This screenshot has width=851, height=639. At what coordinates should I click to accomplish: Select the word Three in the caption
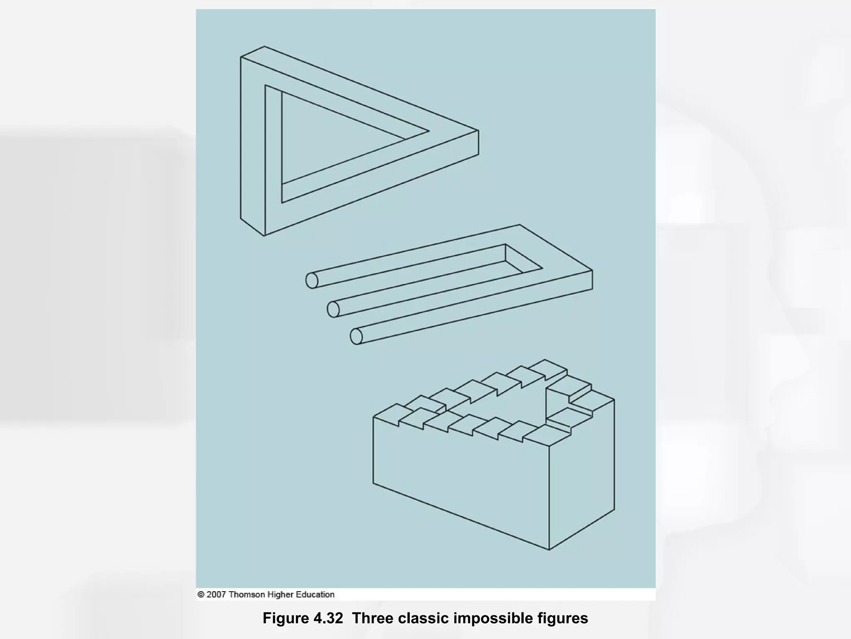click(x=372, y=618)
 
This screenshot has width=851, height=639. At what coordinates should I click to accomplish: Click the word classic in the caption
click(x=423, y=618)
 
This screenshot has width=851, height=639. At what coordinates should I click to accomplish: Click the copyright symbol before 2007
click(x=201, y=594)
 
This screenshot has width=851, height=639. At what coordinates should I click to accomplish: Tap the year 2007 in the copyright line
click(x=216, y=594)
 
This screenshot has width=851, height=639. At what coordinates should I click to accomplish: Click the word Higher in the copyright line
click(x=281, y=594)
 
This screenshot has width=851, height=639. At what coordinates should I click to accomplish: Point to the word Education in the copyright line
click(x=315, y=594)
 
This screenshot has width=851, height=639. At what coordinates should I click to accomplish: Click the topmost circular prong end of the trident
click(x=312, y=280)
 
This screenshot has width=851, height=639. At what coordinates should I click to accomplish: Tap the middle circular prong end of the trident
click(x=333, y=309)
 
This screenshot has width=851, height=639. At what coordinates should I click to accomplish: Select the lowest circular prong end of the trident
click(x=356, y=336)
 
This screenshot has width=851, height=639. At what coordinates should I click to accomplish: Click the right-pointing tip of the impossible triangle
click(x=478, y=131)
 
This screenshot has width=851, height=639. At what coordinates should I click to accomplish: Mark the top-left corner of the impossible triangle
click(x=241, y=57)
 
